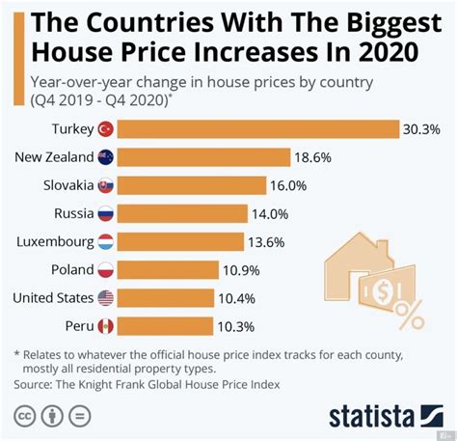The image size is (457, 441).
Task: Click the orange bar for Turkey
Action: coord(260,128)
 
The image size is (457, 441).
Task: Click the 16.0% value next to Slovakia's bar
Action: coord(288,184)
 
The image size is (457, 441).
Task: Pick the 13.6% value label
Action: coord(277,241)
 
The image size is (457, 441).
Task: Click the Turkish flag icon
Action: coord(106,128)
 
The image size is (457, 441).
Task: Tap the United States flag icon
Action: coord(106,297)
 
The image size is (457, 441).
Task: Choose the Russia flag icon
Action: coord(106,213)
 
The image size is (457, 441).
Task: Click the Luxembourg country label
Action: coord(54,241)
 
